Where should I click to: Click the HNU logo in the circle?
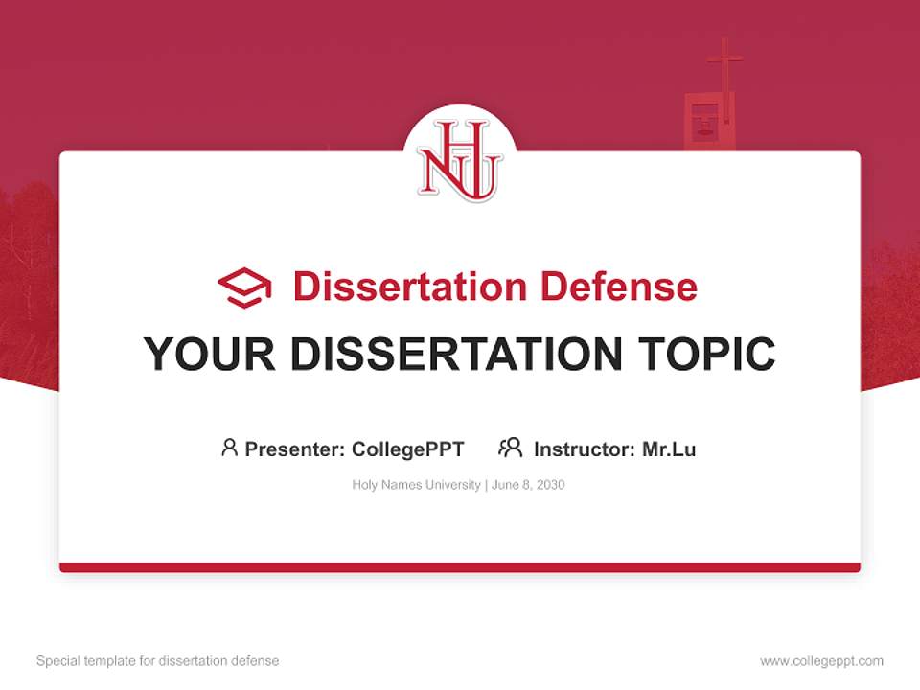tap(459, 160)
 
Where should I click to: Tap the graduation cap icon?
tap(244, 287)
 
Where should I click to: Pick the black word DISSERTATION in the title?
tap(457, 354)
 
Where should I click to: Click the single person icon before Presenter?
tap(229, 448)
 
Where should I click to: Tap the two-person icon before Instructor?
tap(510, 448)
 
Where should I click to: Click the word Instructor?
tap(585, 448)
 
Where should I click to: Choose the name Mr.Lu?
tap(669, 448)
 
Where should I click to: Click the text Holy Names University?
tap(417, 485)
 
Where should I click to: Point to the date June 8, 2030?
tap(529, 485)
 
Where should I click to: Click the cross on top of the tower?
tap(724, 62)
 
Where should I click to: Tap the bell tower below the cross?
tap(707, 123)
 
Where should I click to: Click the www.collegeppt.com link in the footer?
tap(821, 661)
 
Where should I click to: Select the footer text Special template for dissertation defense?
tap(158, 661)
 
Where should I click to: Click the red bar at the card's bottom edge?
tap(460, 567)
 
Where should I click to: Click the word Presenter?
tap(295, 448)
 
